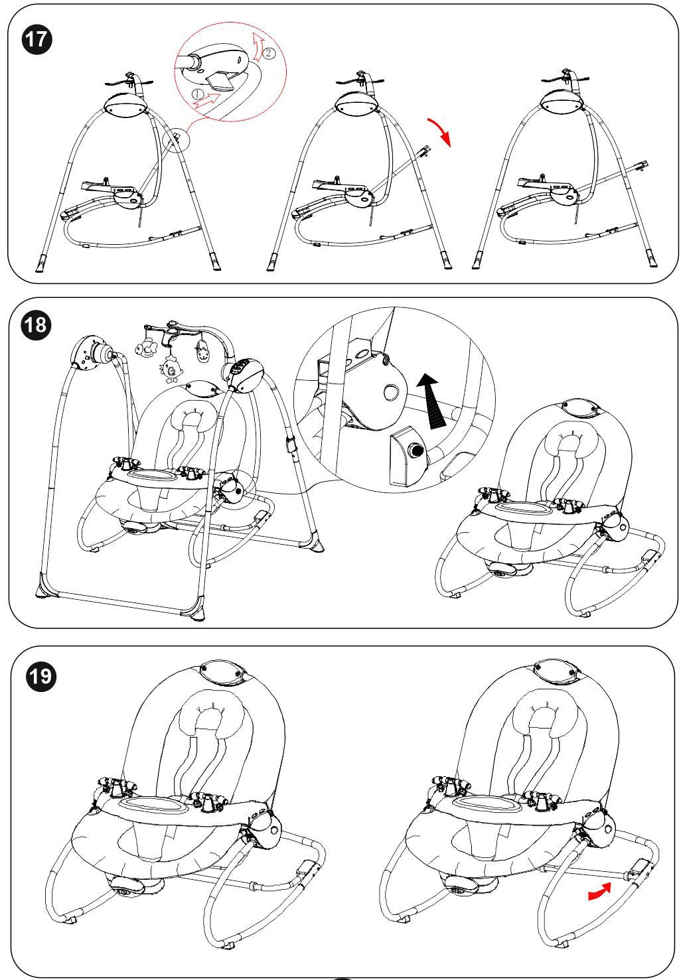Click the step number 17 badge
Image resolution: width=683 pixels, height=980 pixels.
pos(37,38)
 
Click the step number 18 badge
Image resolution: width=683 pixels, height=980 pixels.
pos(37,327)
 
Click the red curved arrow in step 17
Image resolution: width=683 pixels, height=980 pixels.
pos(439,131)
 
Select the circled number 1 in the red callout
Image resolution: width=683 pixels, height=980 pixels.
pos(198,95)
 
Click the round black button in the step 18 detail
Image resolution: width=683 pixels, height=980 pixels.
pos(416,452)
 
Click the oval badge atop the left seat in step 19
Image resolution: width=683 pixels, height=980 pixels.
pos(222,672)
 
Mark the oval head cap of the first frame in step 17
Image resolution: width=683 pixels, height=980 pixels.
pos(126,104)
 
